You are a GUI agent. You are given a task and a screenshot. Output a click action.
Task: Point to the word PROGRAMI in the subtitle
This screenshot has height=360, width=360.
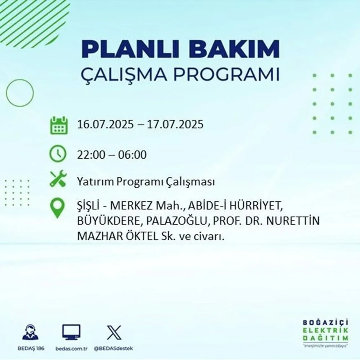pos(228,75)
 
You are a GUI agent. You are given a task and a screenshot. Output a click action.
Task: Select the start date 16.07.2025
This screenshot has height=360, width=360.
pos(105,124)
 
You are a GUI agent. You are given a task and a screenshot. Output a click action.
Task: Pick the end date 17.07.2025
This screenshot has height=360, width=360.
pos(175,124)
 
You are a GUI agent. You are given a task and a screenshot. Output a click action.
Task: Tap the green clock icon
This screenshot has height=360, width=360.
pos(58,154)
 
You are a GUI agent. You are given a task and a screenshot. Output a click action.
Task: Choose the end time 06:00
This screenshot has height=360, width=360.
pos(132,155)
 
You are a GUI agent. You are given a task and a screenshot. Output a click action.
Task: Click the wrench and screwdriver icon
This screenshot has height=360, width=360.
pos(58,179)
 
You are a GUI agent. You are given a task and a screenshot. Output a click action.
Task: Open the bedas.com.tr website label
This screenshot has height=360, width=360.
pos(71,348)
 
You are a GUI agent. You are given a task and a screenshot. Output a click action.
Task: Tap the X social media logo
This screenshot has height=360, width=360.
pos(114,332)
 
